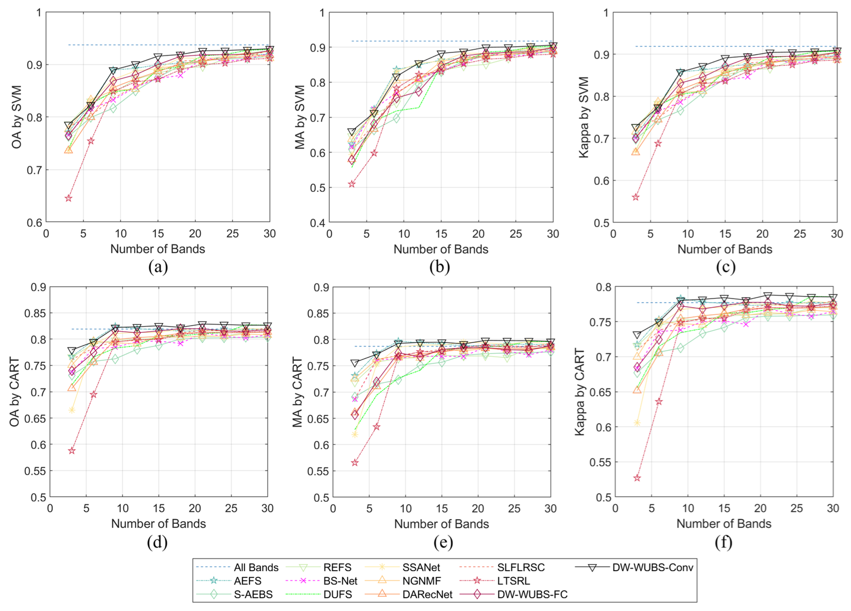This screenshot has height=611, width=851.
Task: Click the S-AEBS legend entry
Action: pyautogui.click(x=234, y=594)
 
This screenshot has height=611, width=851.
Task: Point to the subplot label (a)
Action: pyautogui.click(x=158, y=267)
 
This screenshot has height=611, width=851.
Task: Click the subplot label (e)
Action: pyautogui.click(x=443, y=542)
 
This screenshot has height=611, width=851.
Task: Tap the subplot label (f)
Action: pyautogui.click(x=723, y=542)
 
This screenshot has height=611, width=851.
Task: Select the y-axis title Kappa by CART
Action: pyautogui.click(x=580, y=392)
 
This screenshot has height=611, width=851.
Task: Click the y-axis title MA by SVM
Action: pyautogui.click(x=300, y=117)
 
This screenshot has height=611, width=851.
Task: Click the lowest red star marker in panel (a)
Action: pyautogui.click(x=68, y=198)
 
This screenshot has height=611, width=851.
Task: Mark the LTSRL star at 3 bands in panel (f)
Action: pyautogui.click(x=637, y=478)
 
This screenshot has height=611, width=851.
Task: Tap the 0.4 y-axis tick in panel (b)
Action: pyautogui.click(x=317, y=223)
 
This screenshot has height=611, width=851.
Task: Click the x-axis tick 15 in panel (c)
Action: pyautogui.click(x=725, y=234)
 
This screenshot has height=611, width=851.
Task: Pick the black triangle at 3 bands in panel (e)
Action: pyautogui.click(x=355, y=363)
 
